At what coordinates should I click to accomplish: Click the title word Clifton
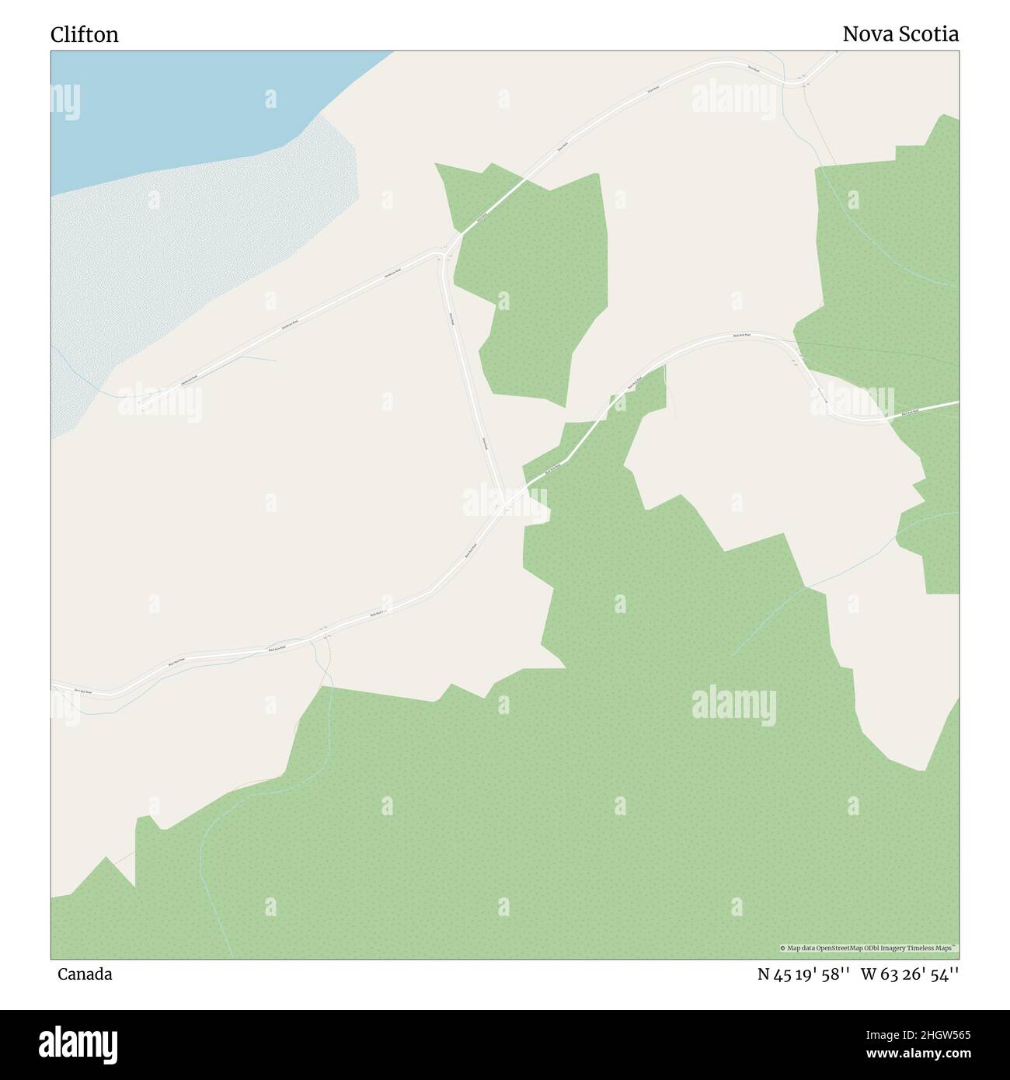tap(85, 35)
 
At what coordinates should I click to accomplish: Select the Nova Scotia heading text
tap(900, 35)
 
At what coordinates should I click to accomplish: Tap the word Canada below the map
tap(85, 974)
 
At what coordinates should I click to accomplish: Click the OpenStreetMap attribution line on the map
tap(868, 948)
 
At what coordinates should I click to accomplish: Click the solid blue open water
tap(194, 101)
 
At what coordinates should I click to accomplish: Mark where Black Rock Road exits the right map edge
tap(957, 402)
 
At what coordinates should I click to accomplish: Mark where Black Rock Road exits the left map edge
tap(53, 686)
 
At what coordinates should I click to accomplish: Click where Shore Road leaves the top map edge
tap(838, 53)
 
